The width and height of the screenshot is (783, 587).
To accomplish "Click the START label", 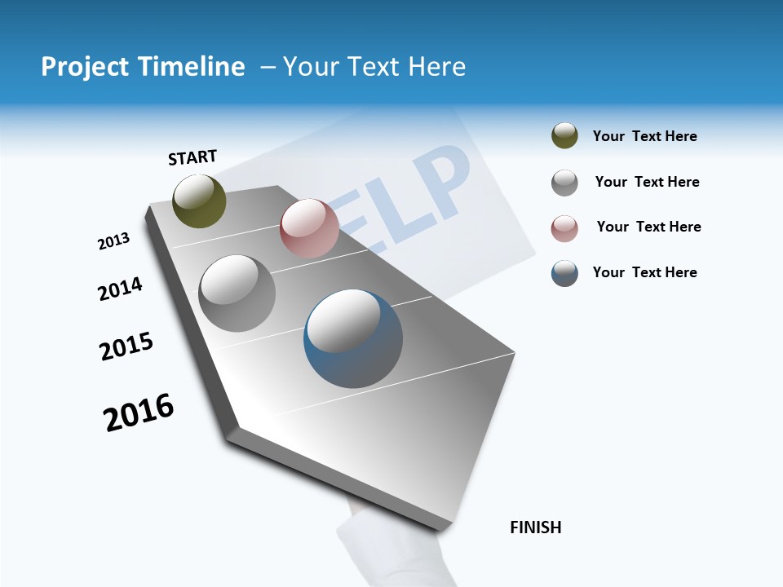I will coord(192,157).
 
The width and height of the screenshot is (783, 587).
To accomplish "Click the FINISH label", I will coord(535,527).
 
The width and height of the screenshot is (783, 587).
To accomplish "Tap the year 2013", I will coord(113,241).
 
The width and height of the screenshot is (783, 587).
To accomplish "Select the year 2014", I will coord(120,289).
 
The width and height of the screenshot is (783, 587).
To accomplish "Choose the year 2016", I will coord(139,413).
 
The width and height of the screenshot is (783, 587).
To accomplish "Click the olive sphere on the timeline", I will coord(199,201).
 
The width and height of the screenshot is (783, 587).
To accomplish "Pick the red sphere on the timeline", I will coord(309,228).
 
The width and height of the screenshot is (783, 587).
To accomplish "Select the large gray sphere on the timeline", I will coord(237,293).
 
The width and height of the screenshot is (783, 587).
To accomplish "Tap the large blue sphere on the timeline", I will coord(353,338).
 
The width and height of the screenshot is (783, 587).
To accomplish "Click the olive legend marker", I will coord(564,136).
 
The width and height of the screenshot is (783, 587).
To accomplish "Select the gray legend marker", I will coord(564,183).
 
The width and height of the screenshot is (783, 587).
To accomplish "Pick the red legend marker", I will coord(564,228).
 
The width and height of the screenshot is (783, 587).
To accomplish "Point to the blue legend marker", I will coord(564,273).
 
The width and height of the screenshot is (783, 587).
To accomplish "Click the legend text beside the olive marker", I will coord(644,136).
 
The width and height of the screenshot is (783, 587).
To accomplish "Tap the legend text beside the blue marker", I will coord(644,272).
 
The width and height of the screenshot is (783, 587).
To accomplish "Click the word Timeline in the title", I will coord(191,67).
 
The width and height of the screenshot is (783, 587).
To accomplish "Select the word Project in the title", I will coord(85,67).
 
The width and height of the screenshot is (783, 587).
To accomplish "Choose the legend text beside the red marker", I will coord(648,227).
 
